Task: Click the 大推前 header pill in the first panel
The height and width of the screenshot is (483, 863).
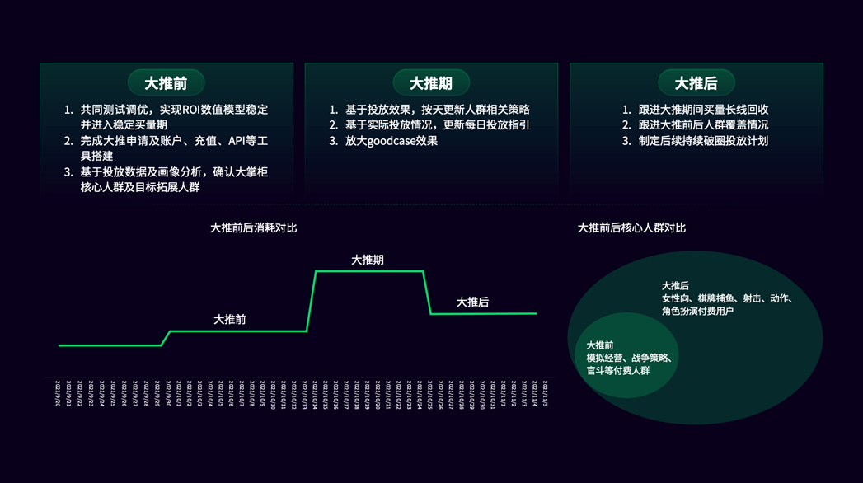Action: click(x=166, y=83)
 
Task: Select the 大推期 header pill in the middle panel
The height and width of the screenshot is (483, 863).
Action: click(x=431, y=83)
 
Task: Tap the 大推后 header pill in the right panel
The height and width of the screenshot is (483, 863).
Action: click(x=696, y=83)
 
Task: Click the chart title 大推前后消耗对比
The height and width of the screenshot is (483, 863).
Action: click(x=253, y=227)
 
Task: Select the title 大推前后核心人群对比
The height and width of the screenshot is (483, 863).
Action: click(x=631, y=227)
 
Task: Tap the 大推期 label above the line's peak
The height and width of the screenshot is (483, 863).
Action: click(x=368, y=260)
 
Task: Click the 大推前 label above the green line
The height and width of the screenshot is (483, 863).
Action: click(x=230, y=319)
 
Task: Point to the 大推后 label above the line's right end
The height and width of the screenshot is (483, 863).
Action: click(x=472, y=302)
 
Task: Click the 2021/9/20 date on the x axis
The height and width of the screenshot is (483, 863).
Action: click(x=58, y=393)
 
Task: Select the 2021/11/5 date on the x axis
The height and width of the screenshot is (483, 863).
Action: click(x=544, y=393)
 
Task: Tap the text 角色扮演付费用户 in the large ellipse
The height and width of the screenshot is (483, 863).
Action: click(x=697, y=312)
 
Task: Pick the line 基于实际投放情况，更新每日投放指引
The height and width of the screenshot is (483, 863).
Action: click(x=437, y=125)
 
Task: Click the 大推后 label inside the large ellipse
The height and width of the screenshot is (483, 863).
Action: click(x=675, y=286)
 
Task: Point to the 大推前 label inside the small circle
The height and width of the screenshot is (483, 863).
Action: click(x=599, y=345)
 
